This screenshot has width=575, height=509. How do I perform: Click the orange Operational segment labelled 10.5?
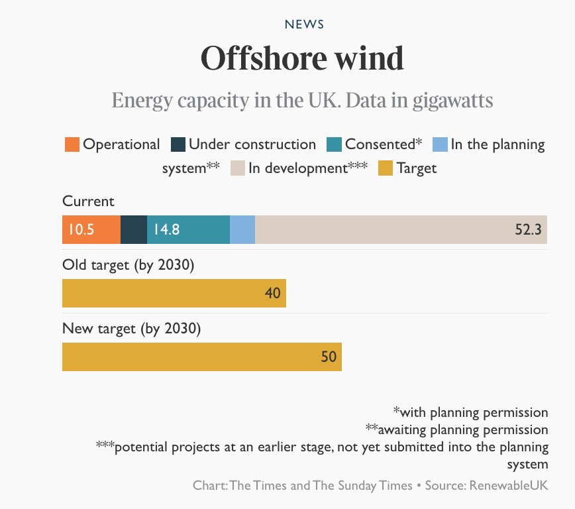[91, 230]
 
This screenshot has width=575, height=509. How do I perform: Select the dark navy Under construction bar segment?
[134, 230]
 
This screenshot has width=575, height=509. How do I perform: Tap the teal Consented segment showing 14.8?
[188, 230]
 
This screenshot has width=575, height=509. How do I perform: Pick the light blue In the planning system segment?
[242, 230]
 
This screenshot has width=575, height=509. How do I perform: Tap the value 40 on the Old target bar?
[273, 293]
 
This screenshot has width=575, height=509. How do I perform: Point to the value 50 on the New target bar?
[329, 357]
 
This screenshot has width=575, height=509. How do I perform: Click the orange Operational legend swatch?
[72, 144]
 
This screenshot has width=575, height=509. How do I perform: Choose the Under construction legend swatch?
[178, 144]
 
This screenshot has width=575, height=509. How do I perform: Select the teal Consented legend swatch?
[334, 144]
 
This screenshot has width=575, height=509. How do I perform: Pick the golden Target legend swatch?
[386, 168]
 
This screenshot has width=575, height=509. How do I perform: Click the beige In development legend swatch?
[238, 168]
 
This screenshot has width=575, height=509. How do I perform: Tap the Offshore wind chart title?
[302, 59]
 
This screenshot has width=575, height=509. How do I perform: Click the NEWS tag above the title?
[304, 25]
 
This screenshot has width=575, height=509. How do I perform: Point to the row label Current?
[88, 201]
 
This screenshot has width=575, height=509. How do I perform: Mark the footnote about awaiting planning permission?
[456, 429]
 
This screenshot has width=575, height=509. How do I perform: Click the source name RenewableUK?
[509, 485]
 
